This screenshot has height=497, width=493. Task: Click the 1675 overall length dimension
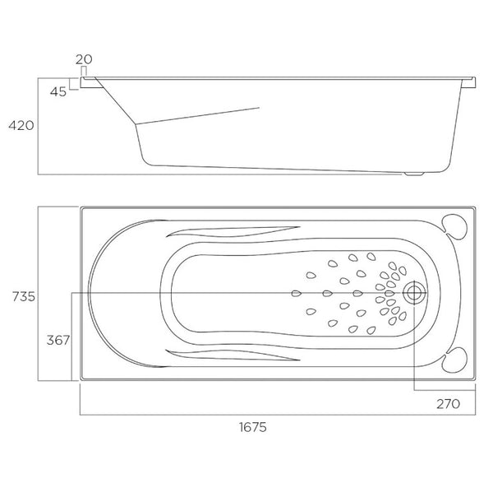pyautogui.click(x=253, y=427)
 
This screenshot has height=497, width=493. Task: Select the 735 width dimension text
pyautogui.click(x=21, y=297)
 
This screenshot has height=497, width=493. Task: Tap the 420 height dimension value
pyautogui.click(x=20, y=126)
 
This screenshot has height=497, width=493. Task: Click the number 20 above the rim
pyautogui.click(x=83, y=59)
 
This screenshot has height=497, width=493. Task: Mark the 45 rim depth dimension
pyautogui.click(x=58, y=91)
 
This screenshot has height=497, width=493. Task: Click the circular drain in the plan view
pyautogui.click(x=414, y=292)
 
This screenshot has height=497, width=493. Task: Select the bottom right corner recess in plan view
pyautogui.click(x=454, y=359)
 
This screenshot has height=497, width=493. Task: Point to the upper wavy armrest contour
pyautogui.click(x=238, y=231)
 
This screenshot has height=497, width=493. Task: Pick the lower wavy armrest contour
pyautogui.click(x=238, y=354)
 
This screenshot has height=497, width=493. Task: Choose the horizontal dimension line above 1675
pyautogui.click(x=277, y=414)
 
